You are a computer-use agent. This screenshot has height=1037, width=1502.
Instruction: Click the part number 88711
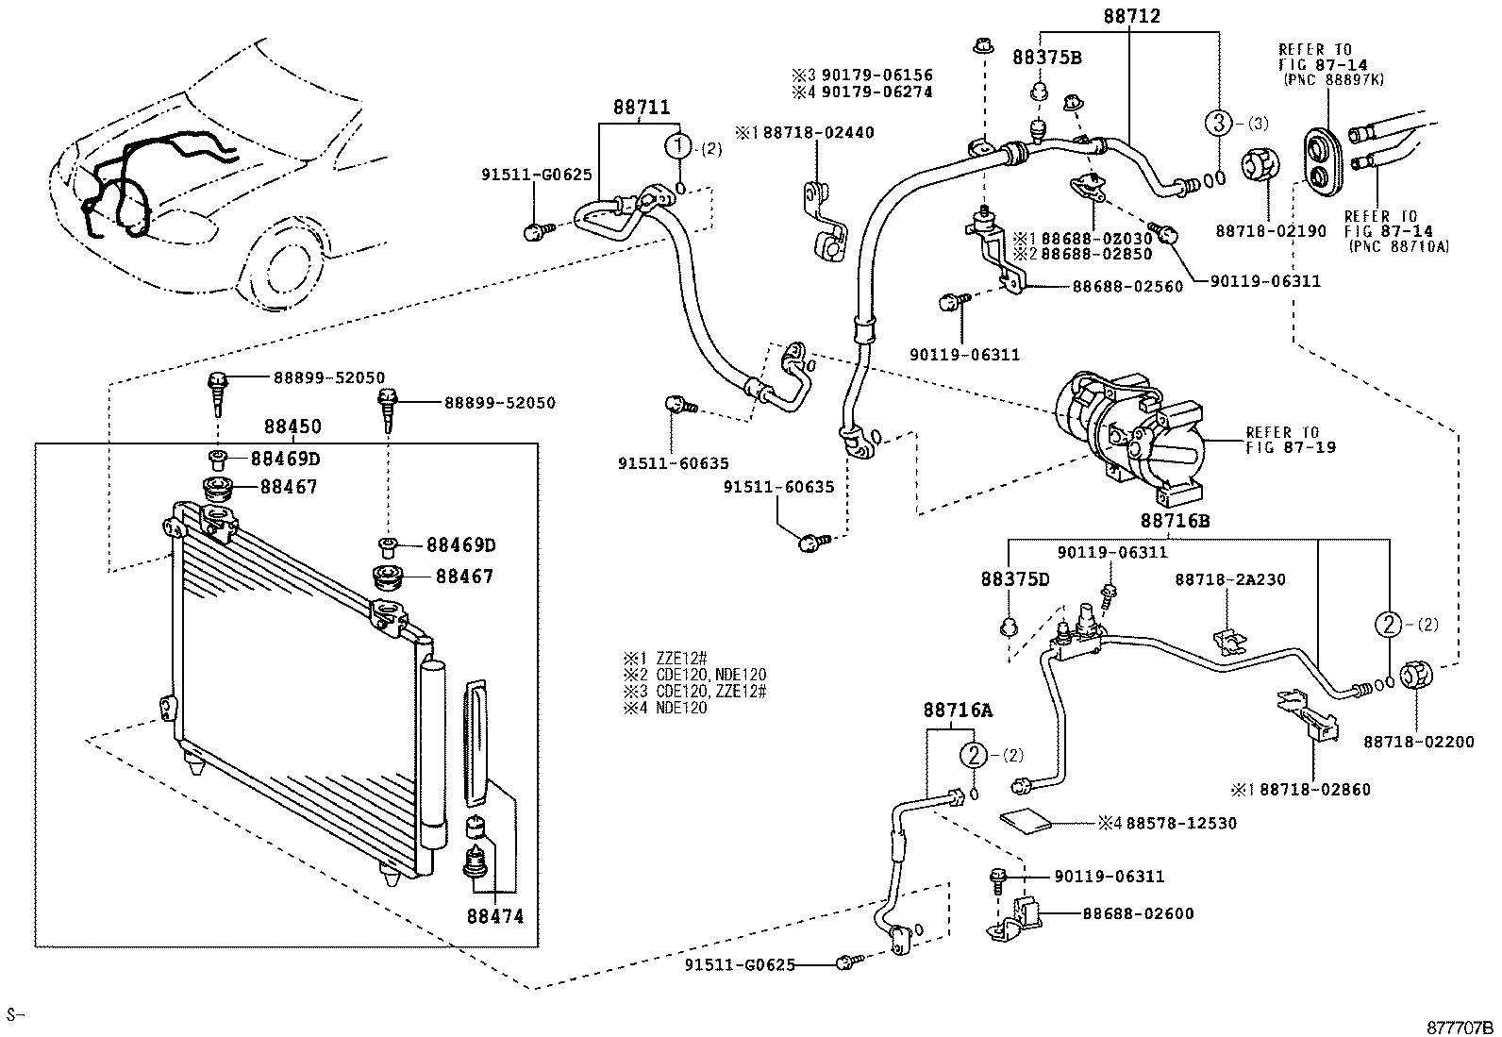[x=641, y=108]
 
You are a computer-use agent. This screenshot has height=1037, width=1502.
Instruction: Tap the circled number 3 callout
[x=1218, y=122]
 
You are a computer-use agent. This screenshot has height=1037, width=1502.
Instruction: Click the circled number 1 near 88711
[x=677, y=146]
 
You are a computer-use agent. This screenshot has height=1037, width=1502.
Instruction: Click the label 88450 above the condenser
[x=292, y=427]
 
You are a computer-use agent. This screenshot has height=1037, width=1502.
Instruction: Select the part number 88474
[x=492, y=915]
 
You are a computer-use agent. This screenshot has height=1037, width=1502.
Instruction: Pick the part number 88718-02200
[x=1417, y=743]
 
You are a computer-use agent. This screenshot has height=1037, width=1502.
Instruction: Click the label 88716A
[x=958, y=710]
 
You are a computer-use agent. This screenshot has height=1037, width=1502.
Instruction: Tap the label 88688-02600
[x=1137, y=913]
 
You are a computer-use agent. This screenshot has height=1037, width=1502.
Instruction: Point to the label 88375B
[x=1046, y=58]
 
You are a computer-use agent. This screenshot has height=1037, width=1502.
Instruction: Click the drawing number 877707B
[x=1460, y=1027]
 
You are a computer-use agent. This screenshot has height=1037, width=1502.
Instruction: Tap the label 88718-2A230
[x=1229, y=580]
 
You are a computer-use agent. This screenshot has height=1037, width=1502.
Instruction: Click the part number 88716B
[x=1174, y=521]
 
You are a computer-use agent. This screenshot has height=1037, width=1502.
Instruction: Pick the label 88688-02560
[x=1126, y=287]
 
